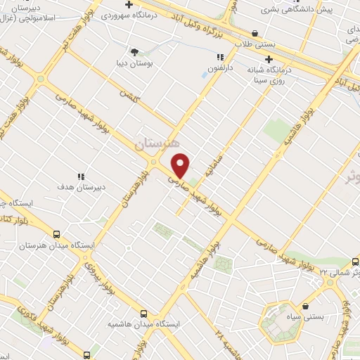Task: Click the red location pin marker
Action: tap(181, 165)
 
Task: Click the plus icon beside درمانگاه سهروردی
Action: tap(128, 4)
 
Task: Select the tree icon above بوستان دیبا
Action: tap(134, 51)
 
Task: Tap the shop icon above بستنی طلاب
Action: tap(254, 32)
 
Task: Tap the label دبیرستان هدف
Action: tap(82, 188)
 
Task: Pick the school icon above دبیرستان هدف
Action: tap(82, 176)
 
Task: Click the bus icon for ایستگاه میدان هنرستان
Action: tap(56, 235)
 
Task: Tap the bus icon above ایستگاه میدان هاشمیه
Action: tap(143, 314)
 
